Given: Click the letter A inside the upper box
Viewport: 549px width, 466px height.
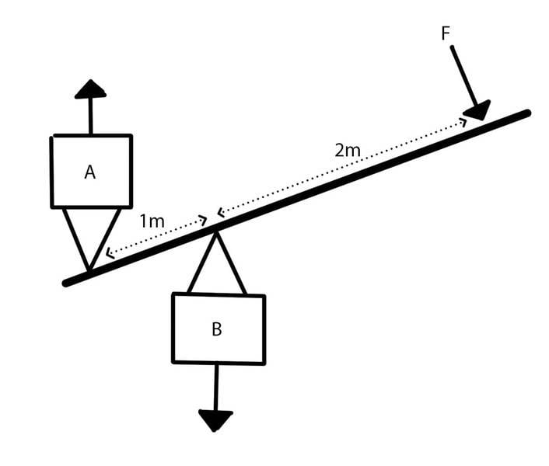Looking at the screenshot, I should click(90, 172).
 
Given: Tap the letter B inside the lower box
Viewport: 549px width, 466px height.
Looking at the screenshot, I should click(217, 329).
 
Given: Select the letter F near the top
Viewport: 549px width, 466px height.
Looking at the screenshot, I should click(446, 33).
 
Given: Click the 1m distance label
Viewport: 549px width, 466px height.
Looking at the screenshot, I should click(152, 221).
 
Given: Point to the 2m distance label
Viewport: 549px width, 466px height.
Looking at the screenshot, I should click(348, 151).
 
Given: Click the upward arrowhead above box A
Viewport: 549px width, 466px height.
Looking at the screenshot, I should click(90, 89).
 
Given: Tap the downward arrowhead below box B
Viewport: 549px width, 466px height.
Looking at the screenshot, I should click(215, 419).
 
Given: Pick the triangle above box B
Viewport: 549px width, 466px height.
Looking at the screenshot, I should click(217, 268).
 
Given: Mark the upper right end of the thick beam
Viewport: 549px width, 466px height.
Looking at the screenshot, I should click(526, 113).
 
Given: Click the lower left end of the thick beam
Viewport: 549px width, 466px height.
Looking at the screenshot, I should click(68, 283).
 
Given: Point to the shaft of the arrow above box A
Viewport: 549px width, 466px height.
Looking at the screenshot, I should click(90, 116).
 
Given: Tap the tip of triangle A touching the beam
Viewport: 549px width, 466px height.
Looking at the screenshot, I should click(89, 269).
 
